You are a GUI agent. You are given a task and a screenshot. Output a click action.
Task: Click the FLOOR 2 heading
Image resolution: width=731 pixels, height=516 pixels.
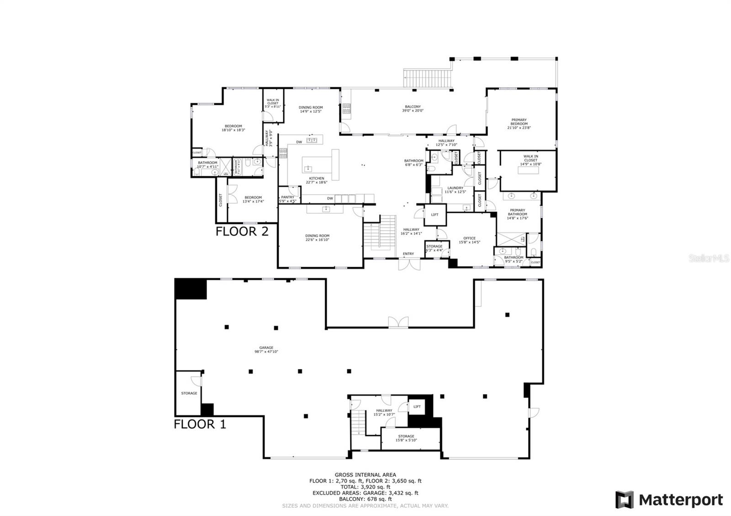tap(242, 231)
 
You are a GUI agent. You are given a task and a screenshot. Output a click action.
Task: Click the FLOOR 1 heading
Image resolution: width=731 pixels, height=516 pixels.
tap(200, 424)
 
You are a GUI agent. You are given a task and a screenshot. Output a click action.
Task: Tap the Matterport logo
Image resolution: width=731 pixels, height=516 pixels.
tap(669, 500)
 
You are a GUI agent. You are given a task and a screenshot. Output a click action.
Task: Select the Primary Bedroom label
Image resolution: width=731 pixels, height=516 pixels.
tap(519, 124)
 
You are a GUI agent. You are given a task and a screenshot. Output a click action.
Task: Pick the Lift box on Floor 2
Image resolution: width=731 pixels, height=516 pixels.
tap(434, 215)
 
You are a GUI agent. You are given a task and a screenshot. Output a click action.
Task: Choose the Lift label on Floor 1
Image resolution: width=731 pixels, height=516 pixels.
tap(417, 406)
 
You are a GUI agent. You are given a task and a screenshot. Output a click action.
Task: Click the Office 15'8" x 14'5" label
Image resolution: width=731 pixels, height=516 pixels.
tap(469, 240)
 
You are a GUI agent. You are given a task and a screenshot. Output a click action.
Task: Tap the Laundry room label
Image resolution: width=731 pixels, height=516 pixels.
tap(455, 190)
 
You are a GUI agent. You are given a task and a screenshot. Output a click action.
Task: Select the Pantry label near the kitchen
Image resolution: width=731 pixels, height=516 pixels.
tap(287, 199)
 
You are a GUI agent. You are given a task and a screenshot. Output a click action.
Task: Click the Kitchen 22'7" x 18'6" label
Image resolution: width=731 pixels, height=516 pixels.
tap(317, 180)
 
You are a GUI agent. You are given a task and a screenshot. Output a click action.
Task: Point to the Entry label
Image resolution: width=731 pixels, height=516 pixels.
tap(408, 254)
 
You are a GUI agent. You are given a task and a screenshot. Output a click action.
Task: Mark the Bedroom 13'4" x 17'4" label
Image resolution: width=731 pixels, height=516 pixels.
tap(253, 199)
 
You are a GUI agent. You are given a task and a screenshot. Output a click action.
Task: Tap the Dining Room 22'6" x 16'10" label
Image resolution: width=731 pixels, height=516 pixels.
tap(317, 237)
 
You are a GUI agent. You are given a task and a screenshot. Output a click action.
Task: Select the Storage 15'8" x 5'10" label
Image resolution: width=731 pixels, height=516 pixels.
tap(406, 438)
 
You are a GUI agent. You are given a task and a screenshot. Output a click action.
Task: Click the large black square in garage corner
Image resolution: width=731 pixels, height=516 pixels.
tap(191, 289)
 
